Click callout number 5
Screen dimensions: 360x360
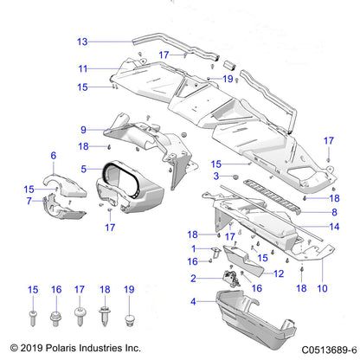click(84, 169)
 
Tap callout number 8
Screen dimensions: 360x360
click(333, 198)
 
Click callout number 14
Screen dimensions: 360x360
click(333, 227)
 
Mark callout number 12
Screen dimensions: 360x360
click(254, 273)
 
